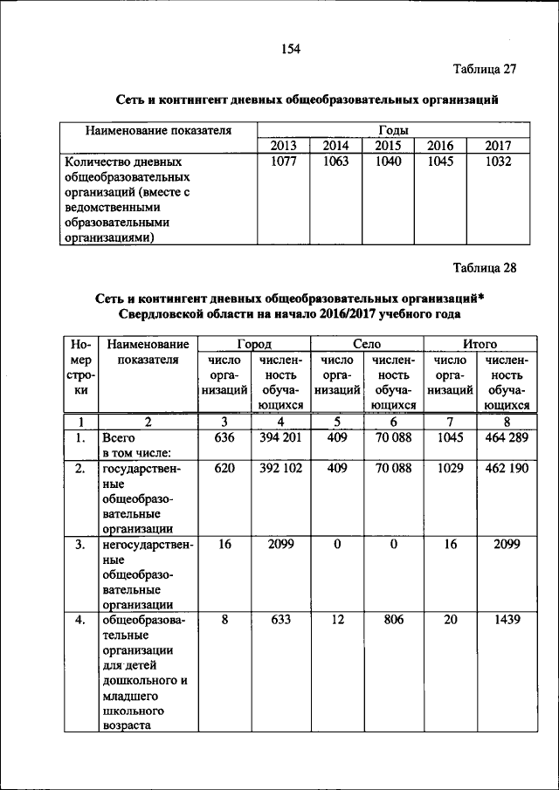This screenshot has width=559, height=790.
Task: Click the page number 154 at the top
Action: point(290,50)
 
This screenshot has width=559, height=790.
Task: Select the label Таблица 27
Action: point(485,69)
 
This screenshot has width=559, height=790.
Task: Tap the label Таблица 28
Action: point(485,268)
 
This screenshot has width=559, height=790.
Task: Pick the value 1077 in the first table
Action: point(283,161)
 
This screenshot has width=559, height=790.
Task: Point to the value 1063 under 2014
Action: point(335,161)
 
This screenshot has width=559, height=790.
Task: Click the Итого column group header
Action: point(480,344)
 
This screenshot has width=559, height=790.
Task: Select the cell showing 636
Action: point(224,437)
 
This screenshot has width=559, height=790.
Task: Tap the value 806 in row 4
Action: point(393,620)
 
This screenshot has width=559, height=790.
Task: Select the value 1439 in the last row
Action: point(506,620)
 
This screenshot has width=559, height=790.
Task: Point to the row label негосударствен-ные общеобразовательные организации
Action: point(147,574)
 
